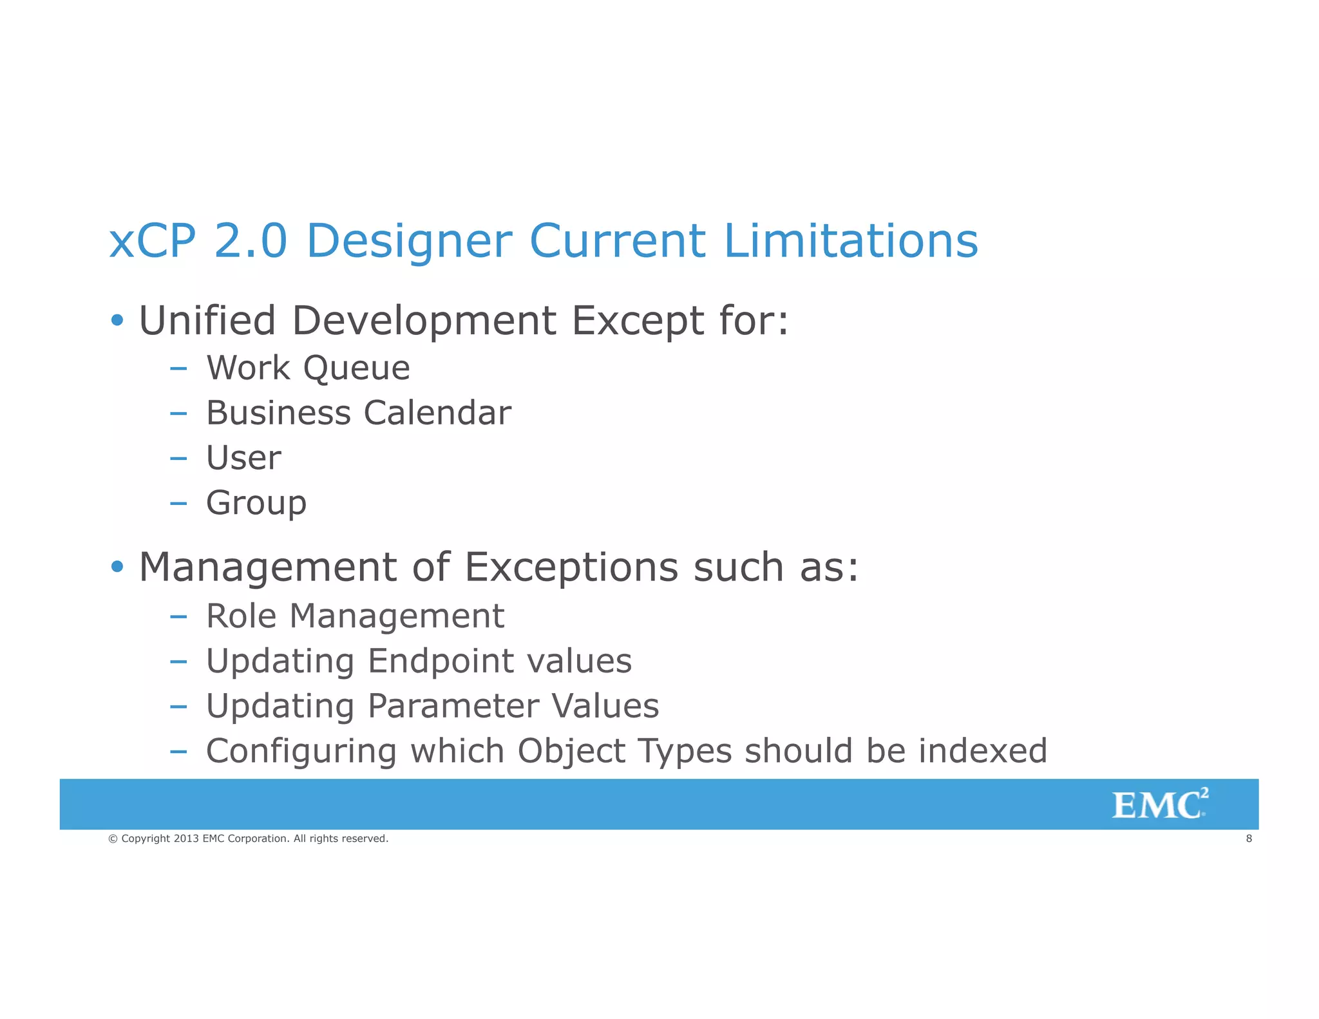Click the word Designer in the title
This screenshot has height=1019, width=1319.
409,241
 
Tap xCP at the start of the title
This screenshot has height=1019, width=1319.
152,241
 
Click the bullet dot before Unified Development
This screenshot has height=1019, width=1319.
117,320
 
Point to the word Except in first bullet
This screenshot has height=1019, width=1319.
637,321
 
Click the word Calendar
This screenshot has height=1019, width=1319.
437,413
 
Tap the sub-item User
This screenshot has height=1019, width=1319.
243,458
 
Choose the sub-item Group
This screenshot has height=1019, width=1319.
256,504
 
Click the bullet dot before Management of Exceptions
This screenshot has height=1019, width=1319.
117,567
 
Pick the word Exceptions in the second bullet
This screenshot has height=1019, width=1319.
571,567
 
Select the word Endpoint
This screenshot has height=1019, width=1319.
441,662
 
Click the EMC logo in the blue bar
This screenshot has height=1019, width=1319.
1159,804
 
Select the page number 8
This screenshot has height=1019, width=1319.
1249,839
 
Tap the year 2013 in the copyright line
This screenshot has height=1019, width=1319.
186,839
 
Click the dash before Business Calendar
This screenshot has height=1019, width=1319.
178,414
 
